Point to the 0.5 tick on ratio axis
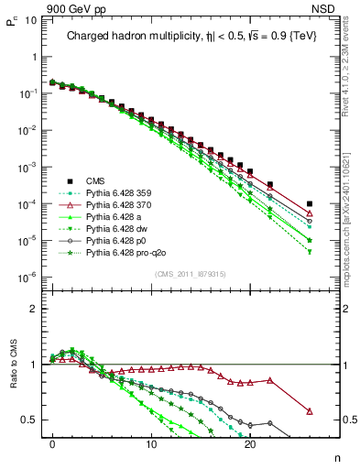31,420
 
